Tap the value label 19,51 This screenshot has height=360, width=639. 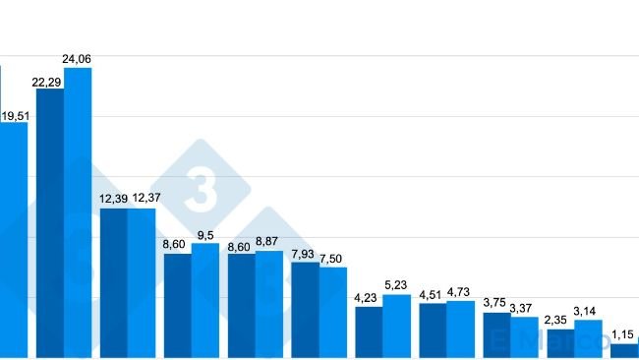[15, 115]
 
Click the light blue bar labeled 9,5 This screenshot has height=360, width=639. [205, 300]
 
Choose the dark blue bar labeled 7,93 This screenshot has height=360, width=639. [306, 309]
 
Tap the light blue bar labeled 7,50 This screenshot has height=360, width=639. [333, 312]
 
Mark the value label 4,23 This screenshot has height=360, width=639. [366, 297]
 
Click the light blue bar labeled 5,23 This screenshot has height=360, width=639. [397, 326]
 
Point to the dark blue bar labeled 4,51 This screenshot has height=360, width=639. [434, 330]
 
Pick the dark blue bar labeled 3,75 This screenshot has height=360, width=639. [497, 334]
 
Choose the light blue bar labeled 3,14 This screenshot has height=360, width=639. [588, 338]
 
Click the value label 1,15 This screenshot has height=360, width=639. [622, 334]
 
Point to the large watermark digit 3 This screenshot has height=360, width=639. [202, 189]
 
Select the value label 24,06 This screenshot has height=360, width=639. [78, 59]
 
